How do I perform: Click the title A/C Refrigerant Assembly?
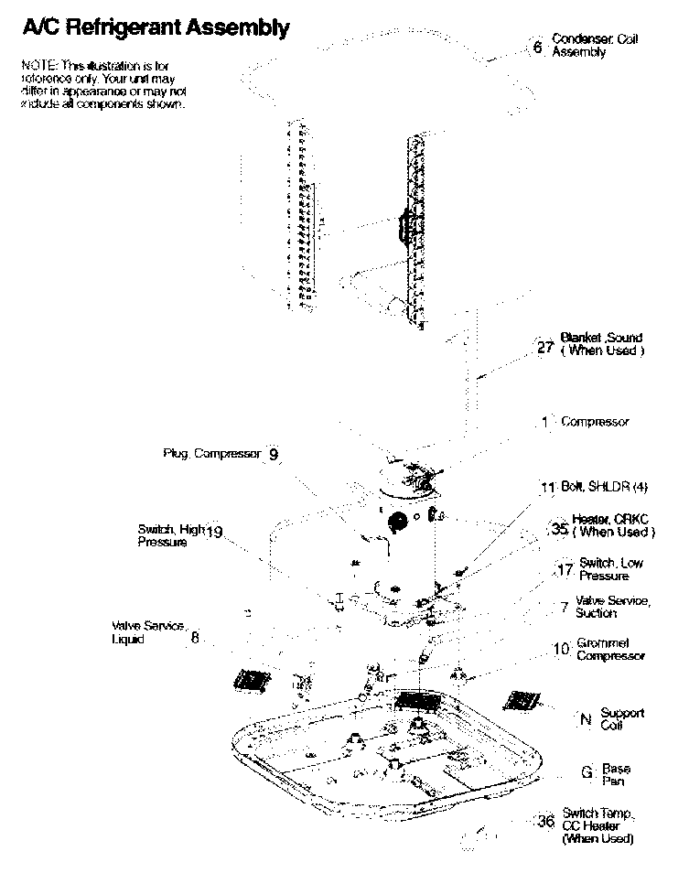point(155,28)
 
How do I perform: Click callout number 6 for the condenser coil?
point(538,47)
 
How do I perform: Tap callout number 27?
point(545,348)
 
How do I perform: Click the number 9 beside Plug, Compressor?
point(274,454)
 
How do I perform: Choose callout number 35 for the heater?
point(560,529)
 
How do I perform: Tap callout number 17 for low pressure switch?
point(565,571)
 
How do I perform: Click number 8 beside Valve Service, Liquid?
point(195,638)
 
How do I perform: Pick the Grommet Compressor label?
point(610,650)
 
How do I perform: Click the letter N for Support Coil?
point(586,719)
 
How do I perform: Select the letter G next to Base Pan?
point(587,772)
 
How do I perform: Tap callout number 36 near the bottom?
point(546,822)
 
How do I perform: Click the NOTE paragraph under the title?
point(102,85)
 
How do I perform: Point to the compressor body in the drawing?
point(403,540)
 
